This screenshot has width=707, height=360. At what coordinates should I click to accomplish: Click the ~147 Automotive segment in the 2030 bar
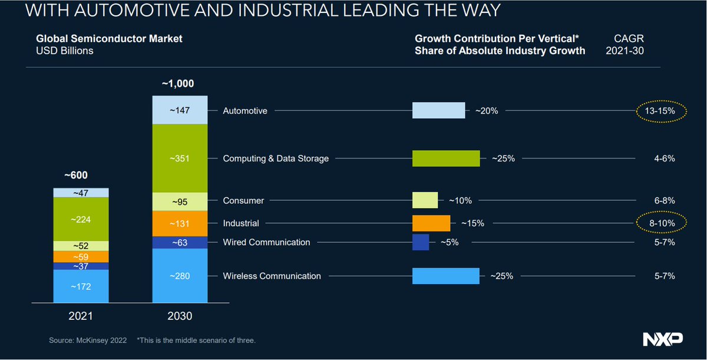point(180,110)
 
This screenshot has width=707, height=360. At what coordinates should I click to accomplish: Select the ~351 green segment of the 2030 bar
point(180,158)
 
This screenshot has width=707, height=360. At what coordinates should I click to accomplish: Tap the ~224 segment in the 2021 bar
point(81,219)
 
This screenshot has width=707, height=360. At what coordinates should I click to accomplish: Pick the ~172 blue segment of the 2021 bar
point(81,286)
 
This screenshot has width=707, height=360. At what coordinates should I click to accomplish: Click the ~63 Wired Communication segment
point(180,242)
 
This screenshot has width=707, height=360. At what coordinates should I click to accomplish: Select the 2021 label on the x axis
point(81,316)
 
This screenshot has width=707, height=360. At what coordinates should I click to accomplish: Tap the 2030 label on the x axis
point(180,316)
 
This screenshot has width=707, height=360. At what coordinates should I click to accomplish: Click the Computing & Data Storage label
point(275,158)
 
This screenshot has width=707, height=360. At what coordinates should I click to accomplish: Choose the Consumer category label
point(243,200)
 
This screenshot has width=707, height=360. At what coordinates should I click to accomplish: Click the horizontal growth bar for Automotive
point(438,110)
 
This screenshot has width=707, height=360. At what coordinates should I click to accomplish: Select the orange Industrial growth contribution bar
point(431,223)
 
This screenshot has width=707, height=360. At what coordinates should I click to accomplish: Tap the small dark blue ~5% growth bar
point(421,242)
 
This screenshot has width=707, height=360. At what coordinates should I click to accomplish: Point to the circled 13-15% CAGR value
point(662,110)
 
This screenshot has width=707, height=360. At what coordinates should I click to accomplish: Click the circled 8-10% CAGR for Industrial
point(662,223)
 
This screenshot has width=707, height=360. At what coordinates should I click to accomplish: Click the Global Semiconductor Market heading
point(109,38)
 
